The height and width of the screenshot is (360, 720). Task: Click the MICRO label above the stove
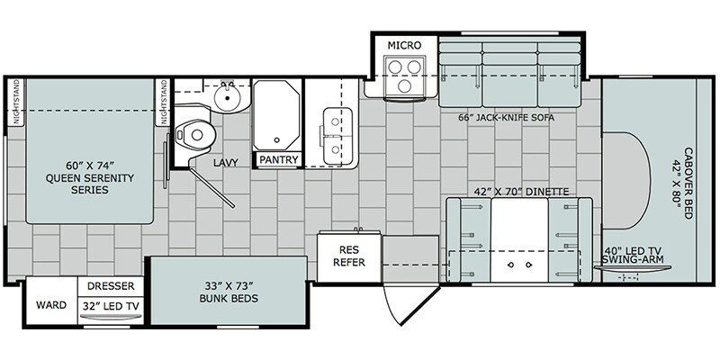[404, 46]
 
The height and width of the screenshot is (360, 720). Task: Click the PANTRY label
[279, 160]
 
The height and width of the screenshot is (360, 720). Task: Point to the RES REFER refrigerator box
[349, 256]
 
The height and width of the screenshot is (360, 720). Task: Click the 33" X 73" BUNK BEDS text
[229, 292]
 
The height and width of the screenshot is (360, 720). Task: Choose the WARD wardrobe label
[51, 305]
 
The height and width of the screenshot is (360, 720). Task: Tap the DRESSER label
[111, 285]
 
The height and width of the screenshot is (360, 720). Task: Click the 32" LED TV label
[111, 305]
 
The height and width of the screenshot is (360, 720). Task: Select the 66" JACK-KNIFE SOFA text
[506, 118]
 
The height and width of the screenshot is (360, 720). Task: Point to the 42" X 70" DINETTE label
[521, 192]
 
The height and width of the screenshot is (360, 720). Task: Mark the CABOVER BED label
[682, 184]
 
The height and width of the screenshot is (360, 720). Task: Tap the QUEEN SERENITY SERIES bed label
[89, 177]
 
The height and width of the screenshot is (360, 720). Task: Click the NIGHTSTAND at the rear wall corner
[17, 102]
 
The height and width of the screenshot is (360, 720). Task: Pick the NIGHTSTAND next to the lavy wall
[163, 102]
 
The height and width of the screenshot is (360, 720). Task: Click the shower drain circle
[276, 140]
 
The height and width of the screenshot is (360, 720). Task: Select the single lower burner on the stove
[404, 85]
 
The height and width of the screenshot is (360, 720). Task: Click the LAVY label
[226, 163]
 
